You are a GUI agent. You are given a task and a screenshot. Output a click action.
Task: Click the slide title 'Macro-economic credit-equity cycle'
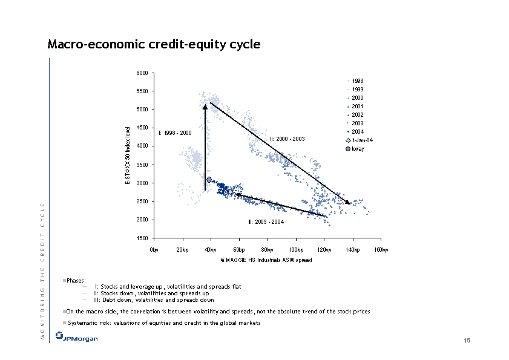(x=154, y=45)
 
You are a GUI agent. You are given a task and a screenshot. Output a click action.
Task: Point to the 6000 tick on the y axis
(x=143, y=73)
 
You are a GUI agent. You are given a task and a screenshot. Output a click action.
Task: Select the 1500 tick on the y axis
(x=143, y=238)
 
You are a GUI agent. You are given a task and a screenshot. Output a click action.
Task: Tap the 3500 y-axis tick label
(x=143, y=165)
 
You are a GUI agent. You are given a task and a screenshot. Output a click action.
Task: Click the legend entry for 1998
(x=358, y=80)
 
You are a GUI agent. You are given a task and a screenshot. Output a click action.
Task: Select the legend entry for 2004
(x=358, y=131)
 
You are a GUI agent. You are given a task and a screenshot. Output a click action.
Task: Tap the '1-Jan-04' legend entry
(x=361, y=140)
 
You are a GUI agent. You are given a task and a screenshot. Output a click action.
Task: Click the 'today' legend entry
(x=358, y=148)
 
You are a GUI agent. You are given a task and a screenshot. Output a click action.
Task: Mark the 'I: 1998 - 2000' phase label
(x=175, y=132)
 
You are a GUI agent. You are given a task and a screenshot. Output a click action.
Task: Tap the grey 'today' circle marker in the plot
(x=209, y=180)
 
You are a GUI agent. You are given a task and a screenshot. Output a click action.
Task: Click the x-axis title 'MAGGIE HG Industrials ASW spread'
(x=267, y=260)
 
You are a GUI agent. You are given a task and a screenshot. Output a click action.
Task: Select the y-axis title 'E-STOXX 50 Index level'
(x=127, y=155)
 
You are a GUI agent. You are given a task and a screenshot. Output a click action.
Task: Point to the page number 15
(x=467, y=342)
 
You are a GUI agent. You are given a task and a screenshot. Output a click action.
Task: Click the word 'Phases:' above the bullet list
(x=77, y=281)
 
